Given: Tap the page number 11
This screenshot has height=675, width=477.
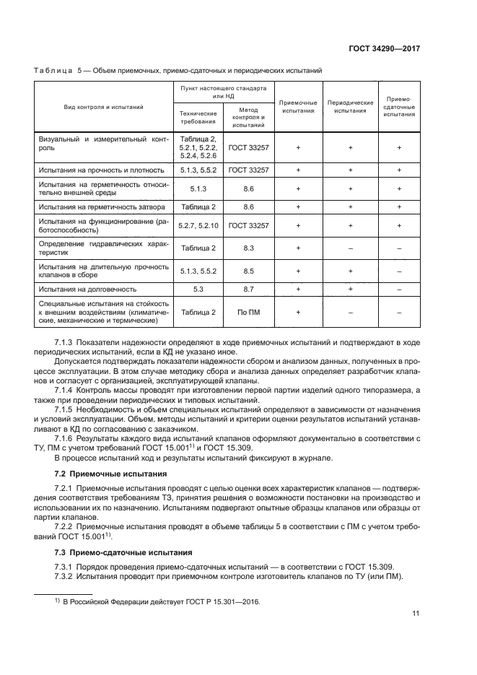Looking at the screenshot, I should click(416, 614).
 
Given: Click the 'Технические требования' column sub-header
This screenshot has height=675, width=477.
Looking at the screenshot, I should click(198, 117).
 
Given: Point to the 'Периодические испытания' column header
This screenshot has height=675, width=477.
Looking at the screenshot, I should click(350, 107).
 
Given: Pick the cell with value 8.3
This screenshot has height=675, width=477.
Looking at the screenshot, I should click(248, 248).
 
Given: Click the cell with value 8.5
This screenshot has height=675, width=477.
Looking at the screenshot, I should click(248, 271).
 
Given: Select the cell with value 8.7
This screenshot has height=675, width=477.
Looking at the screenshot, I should click(248, 289).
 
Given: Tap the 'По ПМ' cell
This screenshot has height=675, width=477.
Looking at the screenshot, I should click(248, 312).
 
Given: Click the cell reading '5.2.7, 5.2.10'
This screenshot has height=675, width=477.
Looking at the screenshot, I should click(198, 226).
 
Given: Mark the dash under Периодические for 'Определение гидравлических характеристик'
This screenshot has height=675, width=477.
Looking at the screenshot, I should click(350, 248).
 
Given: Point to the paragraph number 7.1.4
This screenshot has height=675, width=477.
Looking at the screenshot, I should click(65, 390).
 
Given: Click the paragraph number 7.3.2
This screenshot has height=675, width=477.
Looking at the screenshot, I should click(65, 575).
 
